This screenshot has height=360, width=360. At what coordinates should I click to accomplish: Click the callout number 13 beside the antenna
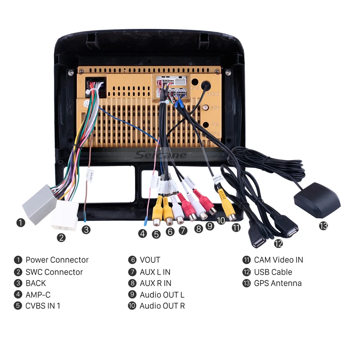[x=323, y=225]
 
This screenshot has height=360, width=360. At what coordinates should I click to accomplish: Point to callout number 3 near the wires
[x=86, y=229]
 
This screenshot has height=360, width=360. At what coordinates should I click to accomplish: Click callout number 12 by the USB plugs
[x=279, y=243]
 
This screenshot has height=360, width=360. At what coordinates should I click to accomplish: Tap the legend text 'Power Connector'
[x=57, y=260]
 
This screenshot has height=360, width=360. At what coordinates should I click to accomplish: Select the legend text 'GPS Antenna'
[x=278, y=283]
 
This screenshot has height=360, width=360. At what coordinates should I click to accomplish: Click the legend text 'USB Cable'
[x=273, y=272]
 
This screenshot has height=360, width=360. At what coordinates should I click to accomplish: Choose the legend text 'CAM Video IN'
[x=278, y=260]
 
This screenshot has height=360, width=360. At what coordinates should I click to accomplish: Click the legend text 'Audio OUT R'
[x=162, y=306]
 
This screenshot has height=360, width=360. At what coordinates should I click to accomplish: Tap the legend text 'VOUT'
[x=150, y=260]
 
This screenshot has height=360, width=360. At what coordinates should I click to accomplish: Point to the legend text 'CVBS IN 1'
[x=43, y=306]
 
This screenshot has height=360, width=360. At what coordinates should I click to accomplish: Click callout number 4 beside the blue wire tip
[x=143, y=234]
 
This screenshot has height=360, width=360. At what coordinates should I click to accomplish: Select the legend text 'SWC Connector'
[x=54, y=272]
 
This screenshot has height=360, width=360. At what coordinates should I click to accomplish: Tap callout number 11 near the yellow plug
[x=236, y=227]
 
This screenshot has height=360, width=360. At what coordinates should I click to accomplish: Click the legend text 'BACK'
[x=36, y=283]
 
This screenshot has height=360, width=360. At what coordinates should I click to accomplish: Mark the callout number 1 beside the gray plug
[x=20, y=222]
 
